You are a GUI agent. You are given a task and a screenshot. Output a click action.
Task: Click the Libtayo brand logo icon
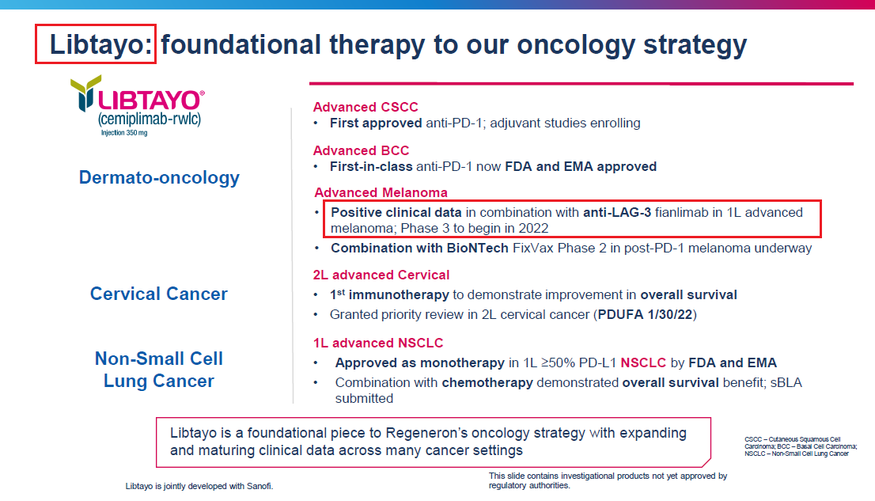pyautogui.click(x=85, y=93)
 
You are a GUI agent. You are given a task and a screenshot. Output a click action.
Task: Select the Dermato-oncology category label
pyautogui.click(x=159, y=177)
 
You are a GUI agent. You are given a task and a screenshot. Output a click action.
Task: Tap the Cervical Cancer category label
pyautogui.click(x=159, y=294)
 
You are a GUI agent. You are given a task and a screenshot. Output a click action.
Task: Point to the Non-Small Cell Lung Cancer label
pyautogui.click(x=159, y=370)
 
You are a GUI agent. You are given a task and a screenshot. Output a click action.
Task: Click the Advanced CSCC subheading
pyautogui.click(x=366, y=107)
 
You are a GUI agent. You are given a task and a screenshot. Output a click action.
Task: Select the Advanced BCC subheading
pyautogui.click(x=361, y=150)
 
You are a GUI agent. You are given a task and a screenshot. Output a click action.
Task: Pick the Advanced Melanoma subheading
pyautogui.click(x=381, y=192)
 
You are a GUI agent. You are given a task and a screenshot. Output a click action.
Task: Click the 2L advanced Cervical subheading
pyautogui.click(x=381, y=275)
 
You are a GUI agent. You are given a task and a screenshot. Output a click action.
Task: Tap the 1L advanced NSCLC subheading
pyautogui.click(x=378, y=343)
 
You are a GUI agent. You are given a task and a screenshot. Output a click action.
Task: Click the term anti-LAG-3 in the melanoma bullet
pyautogui.click(x=617, y=212)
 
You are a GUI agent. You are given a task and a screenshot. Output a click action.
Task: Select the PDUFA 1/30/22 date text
pyautogui.click(x=646, y=314)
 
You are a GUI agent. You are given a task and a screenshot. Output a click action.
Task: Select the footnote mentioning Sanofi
pyautogui.click(x=199, y=486)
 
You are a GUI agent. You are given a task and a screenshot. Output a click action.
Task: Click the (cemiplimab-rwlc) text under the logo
pyautogui.click(x=150, y=120)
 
